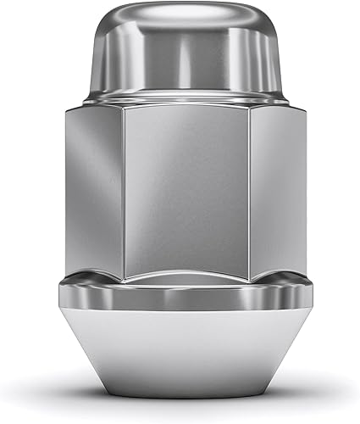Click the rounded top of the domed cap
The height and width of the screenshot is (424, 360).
[180, 17]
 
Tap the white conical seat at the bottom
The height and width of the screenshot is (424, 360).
[180, 356]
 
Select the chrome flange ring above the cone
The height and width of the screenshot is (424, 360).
[180, 297]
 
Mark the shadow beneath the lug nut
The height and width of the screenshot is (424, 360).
[180, 405]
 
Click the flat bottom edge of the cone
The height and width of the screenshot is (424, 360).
[180, 396]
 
